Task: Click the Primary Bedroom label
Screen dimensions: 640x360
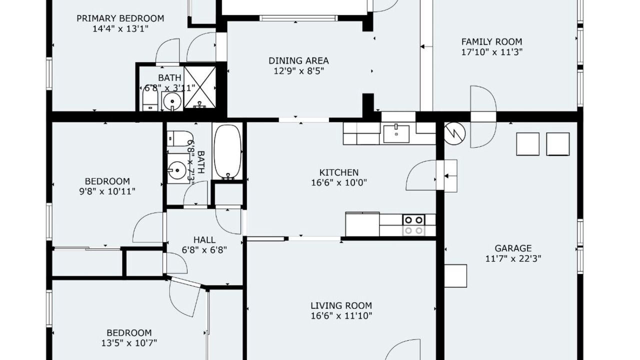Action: point(120,18)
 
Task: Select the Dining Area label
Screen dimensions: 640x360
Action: point(298,60)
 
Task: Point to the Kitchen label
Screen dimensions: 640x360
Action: point(339,172)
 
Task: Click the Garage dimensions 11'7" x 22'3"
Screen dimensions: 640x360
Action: point(513,258)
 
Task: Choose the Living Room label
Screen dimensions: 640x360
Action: point(341,305)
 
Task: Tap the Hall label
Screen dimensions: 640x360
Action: point(204,239)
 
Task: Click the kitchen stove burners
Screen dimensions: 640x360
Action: point(413,225)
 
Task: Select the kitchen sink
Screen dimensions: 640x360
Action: point(396,133)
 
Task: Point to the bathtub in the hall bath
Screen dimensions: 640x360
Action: point(227,152)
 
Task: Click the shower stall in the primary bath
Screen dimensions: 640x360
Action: point(199,87)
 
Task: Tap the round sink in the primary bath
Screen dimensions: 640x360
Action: point(172,101)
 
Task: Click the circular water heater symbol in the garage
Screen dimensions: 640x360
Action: point(454,133)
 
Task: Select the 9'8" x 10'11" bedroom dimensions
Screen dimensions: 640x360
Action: point(107,191)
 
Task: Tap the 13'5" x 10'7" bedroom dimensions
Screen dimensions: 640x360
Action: point(129,342)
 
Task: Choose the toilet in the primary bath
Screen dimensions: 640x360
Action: point(150,98)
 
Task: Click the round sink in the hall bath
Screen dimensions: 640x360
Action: point(177,169)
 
